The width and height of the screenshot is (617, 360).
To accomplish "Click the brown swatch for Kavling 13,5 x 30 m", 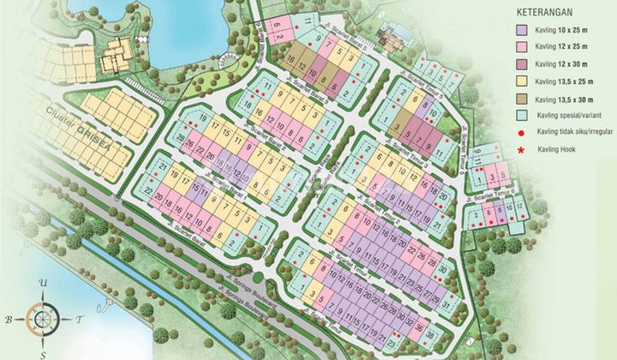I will click(x=520, y=98).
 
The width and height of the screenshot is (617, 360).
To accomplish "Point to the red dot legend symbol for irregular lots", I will click(x=520, y=133).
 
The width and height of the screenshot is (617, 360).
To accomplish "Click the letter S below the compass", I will click(x=40, y=351).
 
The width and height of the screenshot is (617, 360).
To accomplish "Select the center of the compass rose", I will click(x=40, y=319).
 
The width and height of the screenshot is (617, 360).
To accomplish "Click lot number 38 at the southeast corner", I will click(x=430, y=334).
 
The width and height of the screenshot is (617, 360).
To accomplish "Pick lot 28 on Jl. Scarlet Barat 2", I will click(x=181, y=137).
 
